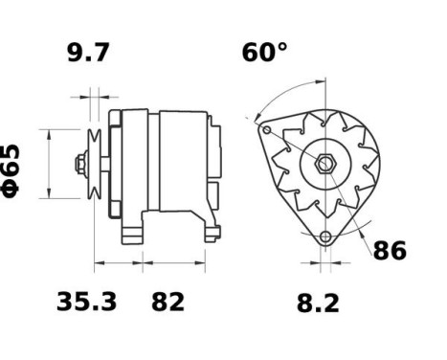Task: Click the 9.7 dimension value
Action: (88, 53)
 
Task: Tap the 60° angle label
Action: (264, 53)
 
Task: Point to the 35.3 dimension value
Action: (86, 303)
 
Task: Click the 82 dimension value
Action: (168, 303)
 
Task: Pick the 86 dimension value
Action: (389, 252)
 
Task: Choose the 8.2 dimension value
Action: (319, 304)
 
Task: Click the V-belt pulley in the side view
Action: (94, 164)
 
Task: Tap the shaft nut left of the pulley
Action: (79, 164)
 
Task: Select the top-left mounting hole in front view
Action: (267, 130)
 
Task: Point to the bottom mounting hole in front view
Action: (325, 236)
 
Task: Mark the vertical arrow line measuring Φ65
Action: (44, 164)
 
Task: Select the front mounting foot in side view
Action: (134, 230)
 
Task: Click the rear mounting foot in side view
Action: (209, 228)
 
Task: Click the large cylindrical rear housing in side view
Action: (182, 163)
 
